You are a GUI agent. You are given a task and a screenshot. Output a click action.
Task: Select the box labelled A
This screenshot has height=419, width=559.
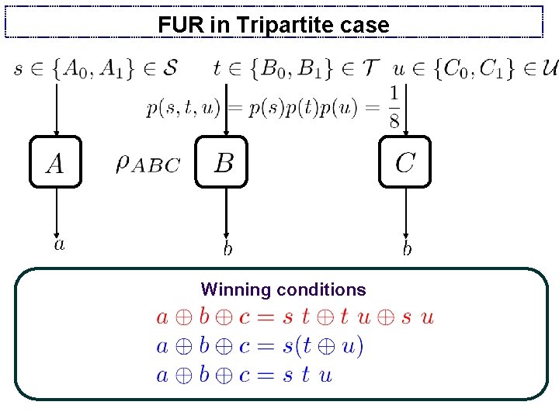pyautogui.click(x=55, y=162)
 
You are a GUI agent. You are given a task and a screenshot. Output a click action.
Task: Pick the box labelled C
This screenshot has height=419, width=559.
pyautogui.click(x=405, y=162)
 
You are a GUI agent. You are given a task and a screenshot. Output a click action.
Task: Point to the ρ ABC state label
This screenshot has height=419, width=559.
pyautogui.click(x=148, y=163)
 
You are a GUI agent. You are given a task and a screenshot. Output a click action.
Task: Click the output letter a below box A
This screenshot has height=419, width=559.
pyautogui.click(x=59, y=244)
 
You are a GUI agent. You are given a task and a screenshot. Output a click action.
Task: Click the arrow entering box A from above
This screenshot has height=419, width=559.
pyautogui.click(x=56, y=109)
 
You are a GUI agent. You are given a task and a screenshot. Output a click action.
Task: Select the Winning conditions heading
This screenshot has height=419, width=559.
pyautogui.click(x=283, y=290)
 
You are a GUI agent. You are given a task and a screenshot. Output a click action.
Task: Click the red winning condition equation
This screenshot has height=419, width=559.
pyautogui.click(x=295, y=317)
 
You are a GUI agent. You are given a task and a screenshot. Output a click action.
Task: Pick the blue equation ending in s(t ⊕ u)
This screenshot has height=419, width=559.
pyautogui.click(x=260, y=346)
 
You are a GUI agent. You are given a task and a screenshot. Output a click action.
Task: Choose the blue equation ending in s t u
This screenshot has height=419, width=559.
pyautogui.click(x=245, y=375)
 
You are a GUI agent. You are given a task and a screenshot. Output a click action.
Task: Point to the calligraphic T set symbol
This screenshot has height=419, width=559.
pyautogui.click(x=372, y=68)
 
